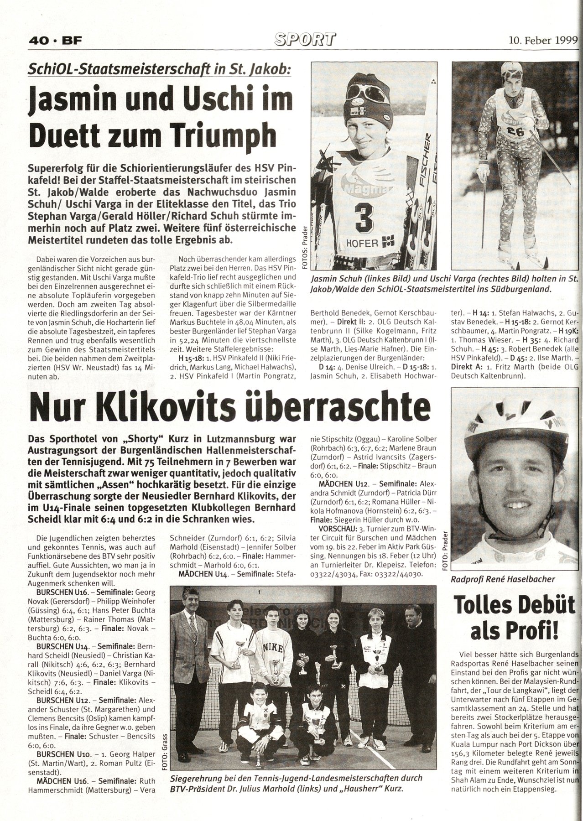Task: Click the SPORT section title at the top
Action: [304, 40]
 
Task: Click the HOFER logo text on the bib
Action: [363, 243]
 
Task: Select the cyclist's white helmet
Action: [514, 416]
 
